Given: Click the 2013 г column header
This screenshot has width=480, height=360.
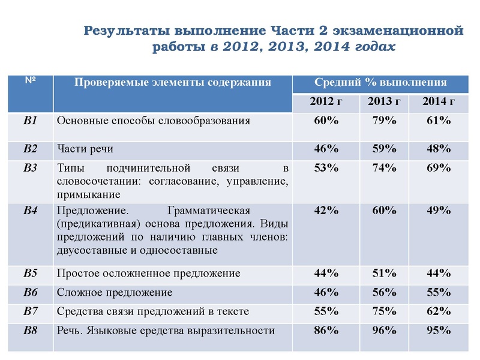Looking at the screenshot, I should click(384, 101).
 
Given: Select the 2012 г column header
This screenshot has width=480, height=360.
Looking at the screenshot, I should click(326, 101).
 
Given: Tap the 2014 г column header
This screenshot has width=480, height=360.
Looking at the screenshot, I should click(438, 101).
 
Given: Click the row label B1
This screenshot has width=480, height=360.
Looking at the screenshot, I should click(30, 121).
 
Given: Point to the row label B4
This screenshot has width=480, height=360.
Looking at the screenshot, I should click(30, 211).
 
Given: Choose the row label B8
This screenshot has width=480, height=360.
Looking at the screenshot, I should click(30, 330).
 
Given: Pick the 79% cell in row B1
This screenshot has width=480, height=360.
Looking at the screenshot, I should click(384, 121).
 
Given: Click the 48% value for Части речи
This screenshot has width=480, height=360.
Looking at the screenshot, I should click(438, 148).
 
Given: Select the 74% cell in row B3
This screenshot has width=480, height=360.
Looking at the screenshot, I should click(384, 168).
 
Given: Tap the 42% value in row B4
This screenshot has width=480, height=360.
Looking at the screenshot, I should click(326, 211).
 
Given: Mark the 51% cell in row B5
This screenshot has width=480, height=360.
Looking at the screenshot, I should click(384, 273).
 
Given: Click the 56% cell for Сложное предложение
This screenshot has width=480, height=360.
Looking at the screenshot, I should click(384, 292).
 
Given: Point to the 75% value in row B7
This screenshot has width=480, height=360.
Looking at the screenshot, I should click(384, 311).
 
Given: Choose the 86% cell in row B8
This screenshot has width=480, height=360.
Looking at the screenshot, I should click(326, 330).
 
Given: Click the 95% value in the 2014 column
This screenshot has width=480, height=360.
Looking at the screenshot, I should click(438, 330).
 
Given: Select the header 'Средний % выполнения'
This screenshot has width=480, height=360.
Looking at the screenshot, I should click(380, 82).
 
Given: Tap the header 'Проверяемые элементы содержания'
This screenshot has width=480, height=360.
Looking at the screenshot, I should click(173, 82).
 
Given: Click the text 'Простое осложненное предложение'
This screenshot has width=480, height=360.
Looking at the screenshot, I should click(148, 274).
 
